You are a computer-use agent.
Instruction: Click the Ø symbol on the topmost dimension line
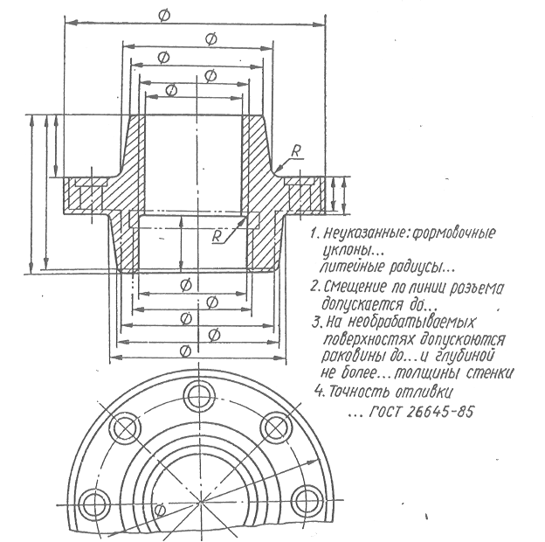pos(166,14)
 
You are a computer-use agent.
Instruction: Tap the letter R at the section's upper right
pos(297,152)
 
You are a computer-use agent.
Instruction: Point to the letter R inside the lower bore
pos(217,235)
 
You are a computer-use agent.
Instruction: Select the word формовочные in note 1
pos(452,233)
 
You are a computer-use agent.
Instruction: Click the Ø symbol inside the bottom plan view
pos(158,510)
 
